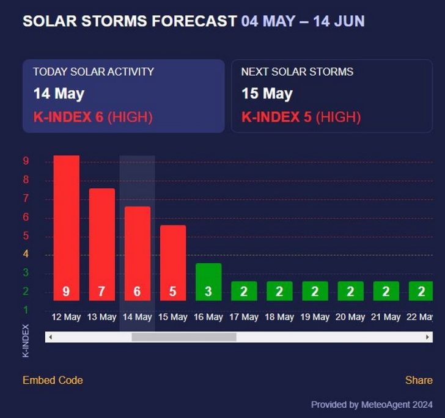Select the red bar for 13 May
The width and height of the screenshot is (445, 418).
pos(101,244)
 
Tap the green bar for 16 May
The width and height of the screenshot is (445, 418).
pos(208,282)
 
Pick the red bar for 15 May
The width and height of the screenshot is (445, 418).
pos(172,263)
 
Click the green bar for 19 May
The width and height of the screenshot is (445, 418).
pos(315,291)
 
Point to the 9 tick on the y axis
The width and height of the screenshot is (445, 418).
pos(26,161)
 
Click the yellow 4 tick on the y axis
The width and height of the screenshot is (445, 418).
pos(26,254)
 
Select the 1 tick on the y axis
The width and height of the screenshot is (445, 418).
pos(26,310)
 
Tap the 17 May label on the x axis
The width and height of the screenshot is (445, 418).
pos(243,317)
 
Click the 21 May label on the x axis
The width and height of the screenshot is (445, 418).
pos(386,317)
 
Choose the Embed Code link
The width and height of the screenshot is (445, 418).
pos(53,380)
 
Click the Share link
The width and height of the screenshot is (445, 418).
pos(419,380)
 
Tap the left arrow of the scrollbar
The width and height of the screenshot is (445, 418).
pos(50,337)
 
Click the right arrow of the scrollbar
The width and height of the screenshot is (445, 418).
pos(428,337)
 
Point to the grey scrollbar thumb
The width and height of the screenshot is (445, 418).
pos(183,337)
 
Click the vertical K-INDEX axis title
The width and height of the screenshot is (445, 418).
pos(26,340)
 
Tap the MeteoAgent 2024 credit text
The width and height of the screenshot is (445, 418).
pos(397,405)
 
